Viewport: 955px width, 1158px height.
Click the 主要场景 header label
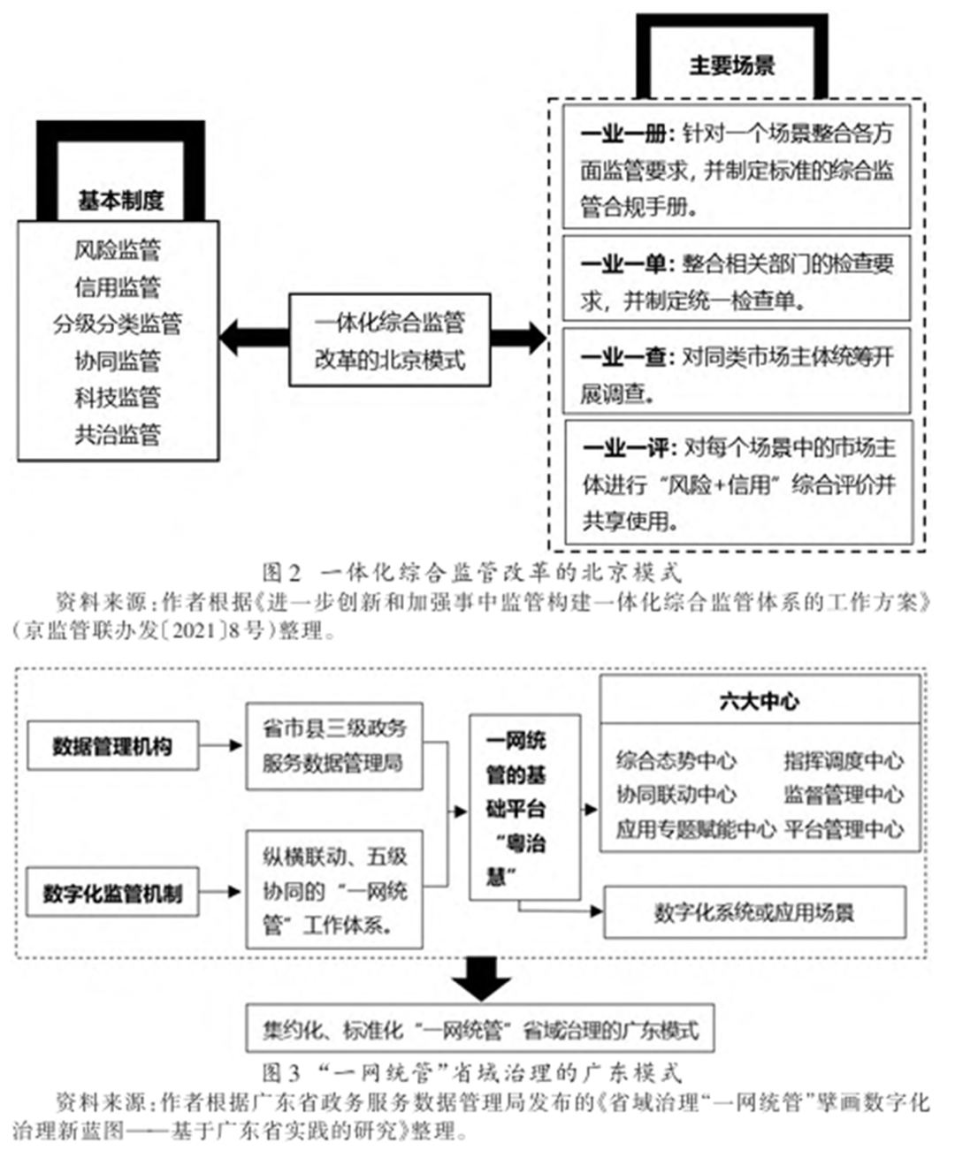[731, 65]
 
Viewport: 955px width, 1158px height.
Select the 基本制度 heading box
[120, 201]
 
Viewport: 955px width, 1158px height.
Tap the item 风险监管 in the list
[118, 250]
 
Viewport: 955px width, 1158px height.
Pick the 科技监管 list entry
[118, 398]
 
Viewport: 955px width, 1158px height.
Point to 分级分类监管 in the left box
[118, 324]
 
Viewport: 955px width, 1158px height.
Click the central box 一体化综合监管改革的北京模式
[390, 340]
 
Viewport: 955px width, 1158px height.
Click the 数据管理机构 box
[112, 746]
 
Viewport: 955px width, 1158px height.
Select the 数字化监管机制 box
[112, 893]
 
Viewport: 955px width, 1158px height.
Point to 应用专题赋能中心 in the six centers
[695, 829]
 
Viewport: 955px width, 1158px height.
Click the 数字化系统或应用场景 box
[754, 912]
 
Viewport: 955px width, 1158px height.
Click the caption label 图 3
[281, 1073]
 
